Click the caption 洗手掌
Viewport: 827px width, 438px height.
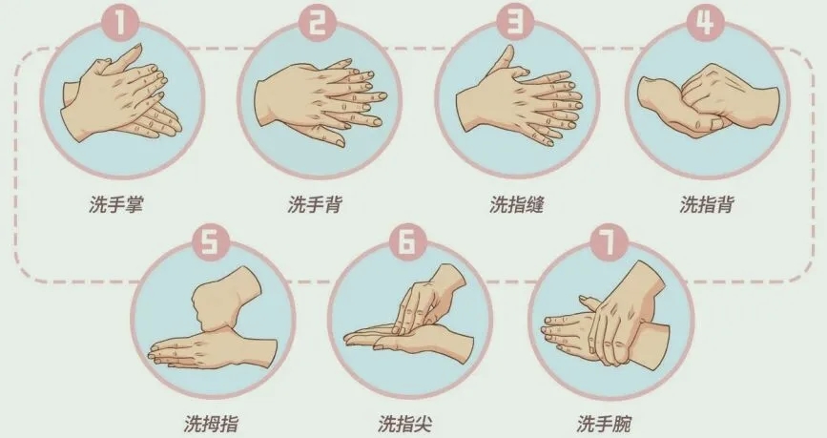click(116, 204)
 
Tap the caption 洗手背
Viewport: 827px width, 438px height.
click(315, 204)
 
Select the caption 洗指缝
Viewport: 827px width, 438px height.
click(516, 204)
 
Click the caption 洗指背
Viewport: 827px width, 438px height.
click(707, 204)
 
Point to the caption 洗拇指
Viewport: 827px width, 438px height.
click(211, 424)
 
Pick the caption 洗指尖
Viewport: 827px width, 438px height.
click(405, 424)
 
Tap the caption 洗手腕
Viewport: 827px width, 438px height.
click(604, 424)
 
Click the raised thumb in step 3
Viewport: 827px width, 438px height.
click(504, 61)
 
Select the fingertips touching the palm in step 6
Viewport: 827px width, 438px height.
click(406, 318)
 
